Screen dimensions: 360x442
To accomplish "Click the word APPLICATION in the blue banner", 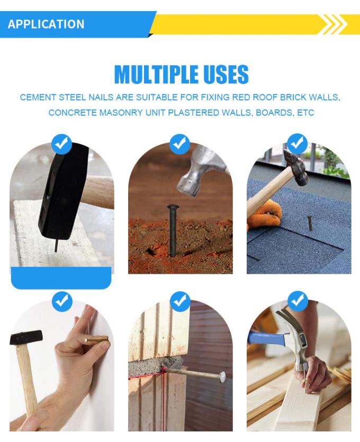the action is point(46,24).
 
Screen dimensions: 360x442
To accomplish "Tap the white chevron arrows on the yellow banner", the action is point(335,24).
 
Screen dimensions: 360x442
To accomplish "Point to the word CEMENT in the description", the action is point(38,97).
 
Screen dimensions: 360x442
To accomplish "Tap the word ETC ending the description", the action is point(306,113).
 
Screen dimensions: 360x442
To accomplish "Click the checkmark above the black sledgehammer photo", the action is point(62,144).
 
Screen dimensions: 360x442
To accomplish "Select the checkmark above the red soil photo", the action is point(180,144).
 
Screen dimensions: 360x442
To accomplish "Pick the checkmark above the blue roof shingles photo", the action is point(297,144).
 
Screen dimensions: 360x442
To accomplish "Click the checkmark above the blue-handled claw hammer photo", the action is point(298,301).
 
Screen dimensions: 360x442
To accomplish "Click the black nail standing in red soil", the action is point(172,230).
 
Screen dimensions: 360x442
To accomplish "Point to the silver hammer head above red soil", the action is point(201,172).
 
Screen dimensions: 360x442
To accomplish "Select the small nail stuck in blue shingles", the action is point(310,223).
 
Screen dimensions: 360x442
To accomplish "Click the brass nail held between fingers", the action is point(97,339).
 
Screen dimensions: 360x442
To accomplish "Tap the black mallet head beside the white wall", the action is point(26,337).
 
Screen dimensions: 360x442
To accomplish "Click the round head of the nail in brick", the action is point(222,376).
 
